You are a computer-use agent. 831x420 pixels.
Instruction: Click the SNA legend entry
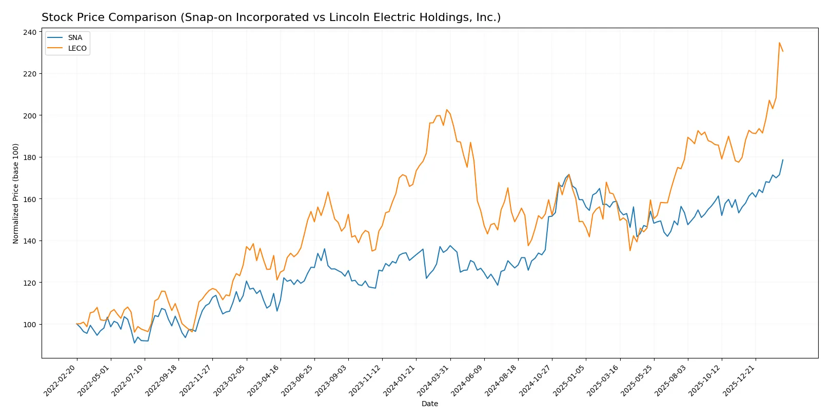click(x=75, y=38)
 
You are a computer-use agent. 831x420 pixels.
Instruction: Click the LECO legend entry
click(x=77, y=49)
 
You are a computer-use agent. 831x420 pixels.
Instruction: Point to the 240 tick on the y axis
click(x=30, y=32)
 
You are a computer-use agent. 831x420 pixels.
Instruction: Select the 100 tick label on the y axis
click(x=30, y=325)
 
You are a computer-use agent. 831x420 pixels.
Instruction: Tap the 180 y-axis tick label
click(x=30, y=157)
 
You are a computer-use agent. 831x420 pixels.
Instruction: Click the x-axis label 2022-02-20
click(x=61, y=381)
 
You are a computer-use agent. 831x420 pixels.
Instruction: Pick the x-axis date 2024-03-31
click(x=434, y=381)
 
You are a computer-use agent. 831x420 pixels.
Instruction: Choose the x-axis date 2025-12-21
click(x=739, y=381)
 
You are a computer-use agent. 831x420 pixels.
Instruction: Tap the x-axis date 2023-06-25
click(x=298, y=381)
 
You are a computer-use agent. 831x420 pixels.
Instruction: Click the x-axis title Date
click(x=429, y=404)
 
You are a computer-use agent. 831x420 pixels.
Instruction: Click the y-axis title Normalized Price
click(x=16, y=193)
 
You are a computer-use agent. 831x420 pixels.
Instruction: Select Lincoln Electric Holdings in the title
click(x=403, y=17)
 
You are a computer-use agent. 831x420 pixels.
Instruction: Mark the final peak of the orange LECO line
click(x=779, y=43)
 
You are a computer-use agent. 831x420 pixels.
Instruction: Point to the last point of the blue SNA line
click(x=783, y=159)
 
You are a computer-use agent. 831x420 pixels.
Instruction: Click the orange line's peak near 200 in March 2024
click(x=446, y=110)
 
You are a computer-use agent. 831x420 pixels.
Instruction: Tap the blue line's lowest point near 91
click(x=134, y=343)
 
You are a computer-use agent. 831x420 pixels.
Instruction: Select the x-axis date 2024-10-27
click(x=536, y=381)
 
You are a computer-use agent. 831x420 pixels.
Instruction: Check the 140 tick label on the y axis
click(x=30, y=241)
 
